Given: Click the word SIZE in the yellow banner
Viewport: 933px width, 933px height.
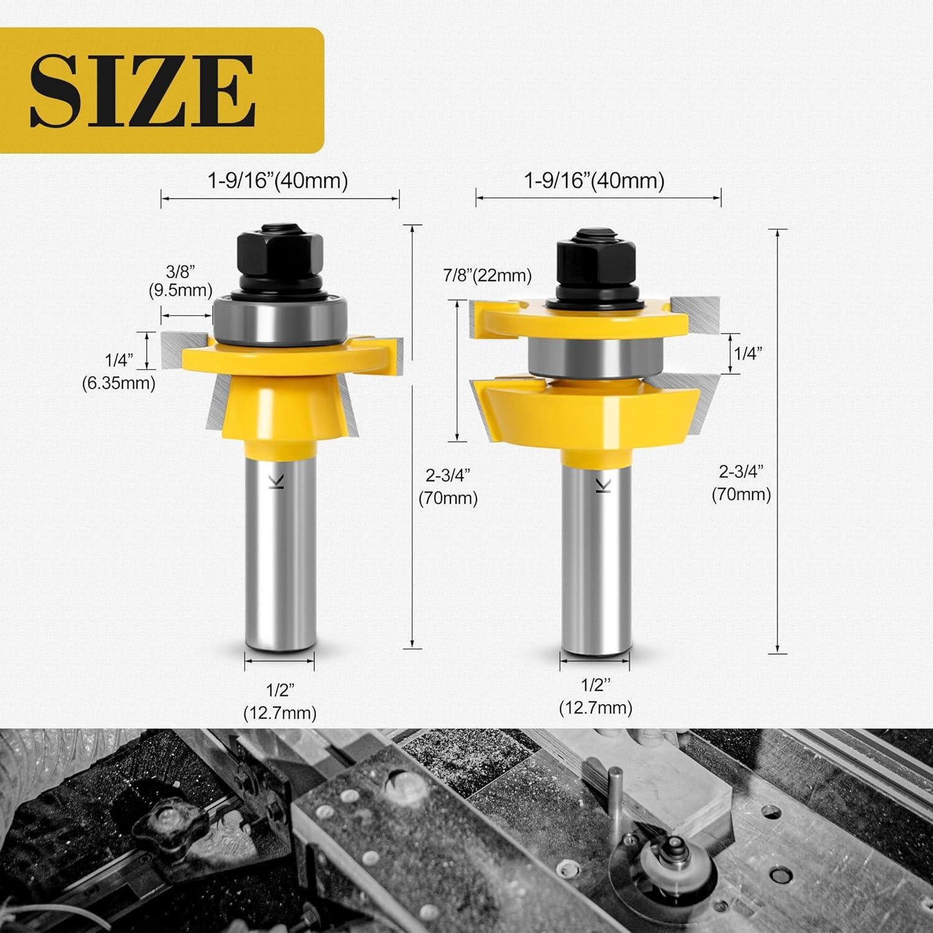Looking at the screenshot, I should (143, 91).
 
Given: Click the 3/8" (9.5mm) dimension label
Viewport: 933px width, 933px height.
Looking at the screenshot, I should (180, 281).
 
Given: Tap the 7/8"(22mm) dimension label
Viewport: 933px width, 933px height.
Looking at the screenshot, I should (487, 275).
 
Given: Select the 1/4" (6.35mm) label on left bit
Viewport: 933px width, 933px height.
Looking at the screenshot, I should (119, 371).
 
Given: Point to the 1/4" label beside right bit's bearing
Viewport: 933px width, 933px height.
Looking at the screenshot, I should (748, 353).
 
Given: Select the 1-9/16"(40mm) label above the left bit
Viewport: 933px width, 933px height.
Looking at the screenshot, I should (277, 181).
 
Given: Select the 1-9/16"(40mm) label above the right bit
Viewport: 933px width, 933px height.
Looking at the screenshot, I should (594, 181).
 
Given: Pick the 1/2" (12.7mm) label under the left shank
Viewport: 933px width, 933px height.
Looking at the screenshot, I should (280, 701).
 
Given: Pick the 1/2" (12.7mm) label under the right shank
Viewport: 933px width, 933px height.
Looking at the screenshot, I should (595, 697).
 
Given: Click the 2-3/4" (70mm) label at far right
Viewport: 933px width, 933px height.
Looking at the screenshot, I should (741, 483).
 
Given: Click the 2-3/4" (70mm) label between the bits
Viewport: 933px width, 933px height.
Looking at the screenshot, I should (448, 486).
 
